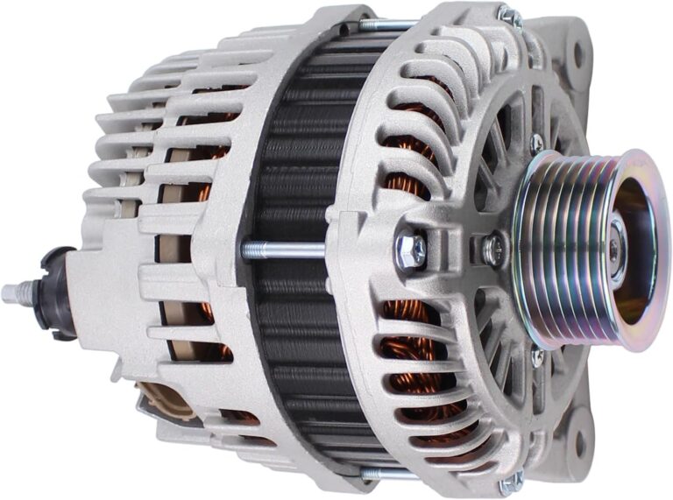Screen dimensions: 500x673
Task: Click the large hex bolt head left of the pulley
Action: [411, 250]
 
